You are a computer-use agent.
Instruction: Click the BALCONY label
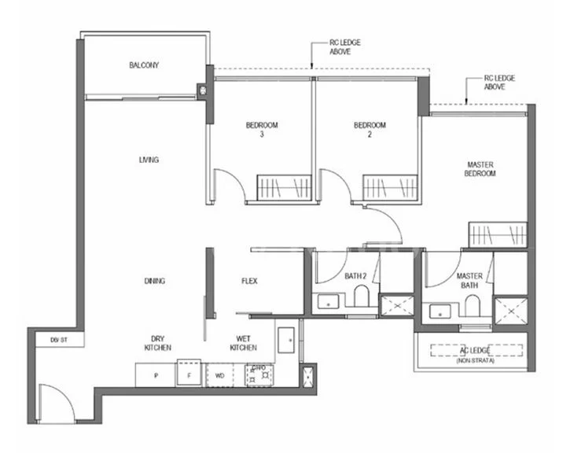[144, 65]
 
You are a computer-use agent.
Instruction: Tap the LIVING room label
[149, 160]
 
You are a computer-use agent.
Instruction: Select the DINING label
[154, 281]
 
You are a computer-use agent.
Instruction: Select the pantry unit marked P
[156, 375]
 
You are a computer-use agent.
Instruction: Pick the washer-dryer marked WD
[220, 375]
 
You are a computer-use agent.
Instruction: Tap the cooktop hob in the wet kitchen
[258, 375]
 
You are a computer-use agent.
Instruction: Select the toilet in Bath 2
[362, 297]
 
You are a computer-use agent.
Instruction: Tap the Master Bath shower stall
[513, 310]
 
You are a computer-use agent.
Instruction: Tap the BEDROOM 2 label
[370, 129]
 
